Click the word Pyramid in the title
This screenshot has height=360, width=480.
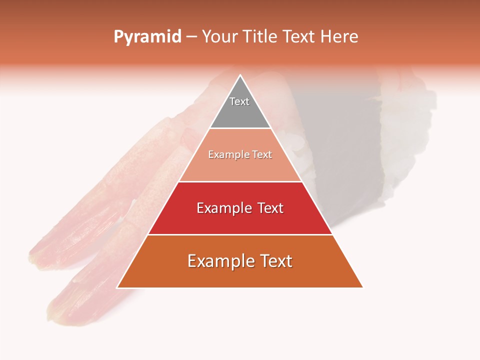tap(147, 37)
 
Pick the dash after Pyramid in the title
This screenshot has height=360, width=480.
tap(191, 37)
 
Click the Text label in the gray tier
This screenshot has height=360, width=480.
tap(239, 101)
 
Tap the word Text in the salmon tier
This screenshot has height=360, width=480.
tap(262, 155)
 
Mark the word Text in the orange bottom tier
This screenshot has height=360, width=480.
tap(273, 261)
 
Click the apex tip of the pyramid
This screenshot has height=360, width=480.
tap(240, 75)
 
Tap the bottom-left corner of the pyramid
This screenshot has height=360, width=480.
tap(118, 287)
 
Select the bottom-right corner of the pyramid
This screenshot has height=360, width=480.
tap(362, 287)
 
